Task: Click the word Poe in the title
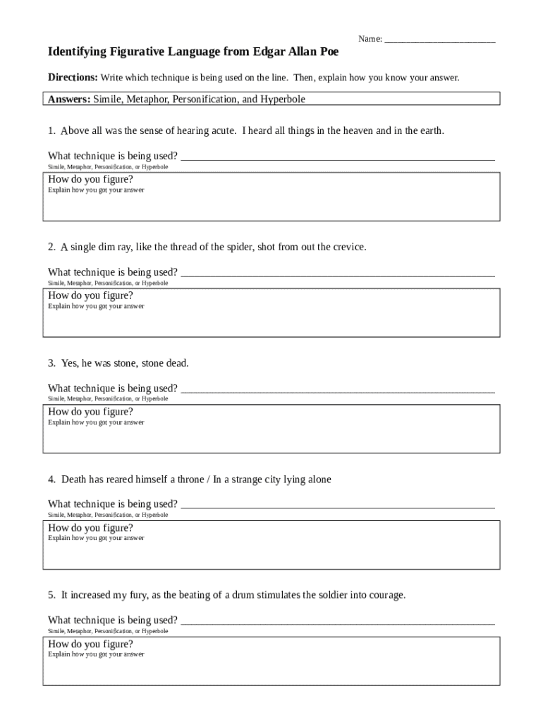(328, 52)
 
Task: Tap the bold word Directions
(73, 78)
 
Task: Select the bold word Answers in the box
(68, 99)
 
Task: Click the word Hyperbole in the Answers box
(282, 99)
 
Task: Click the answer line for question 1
(337, 157)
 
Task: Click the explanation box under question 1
(271, 204)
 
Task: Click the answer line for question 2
(337, 273)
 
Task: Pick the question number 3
(51, 363)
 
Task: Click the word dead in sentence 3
(177, 363)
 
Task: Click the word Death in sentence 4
(74, 479)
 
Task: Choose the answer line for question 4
(337, 505)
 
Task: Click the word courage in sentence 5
(387, 595)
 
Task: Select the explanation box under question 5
(271, 668)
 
